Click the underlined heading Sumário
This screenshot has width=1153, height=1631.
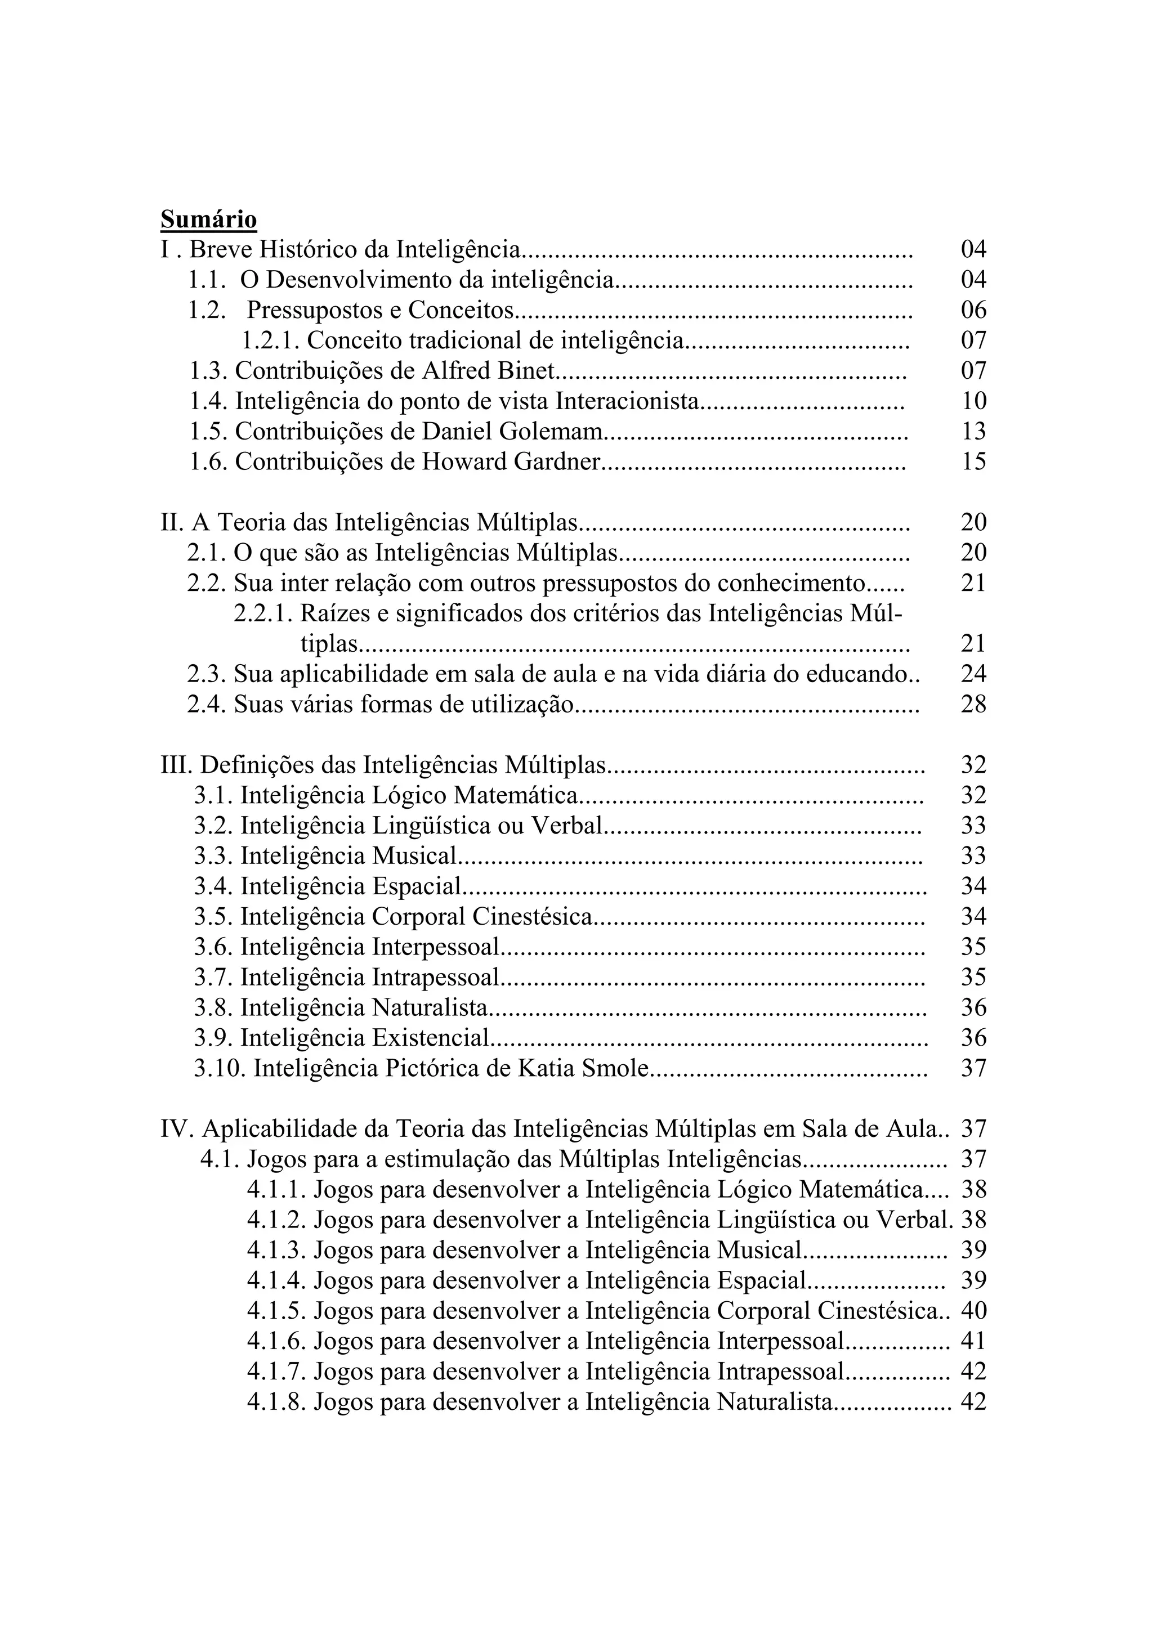click(x=208, y=219)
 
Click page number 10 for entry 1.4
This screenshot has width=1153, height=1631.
click(x=973, y=401)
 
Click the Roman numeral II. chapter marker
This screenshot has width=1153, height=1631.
click(x=173, y=523)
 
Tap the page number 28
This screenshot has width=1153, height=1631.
click(x=973, y=705)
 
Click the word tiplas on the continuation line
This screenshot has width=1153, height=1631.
click(x=329, y=644)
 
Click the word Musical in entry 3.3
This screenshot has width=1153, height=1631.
click(x=413, y=856)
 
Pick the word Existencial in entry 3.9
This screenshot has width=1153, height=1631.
click(x=431, y=1038)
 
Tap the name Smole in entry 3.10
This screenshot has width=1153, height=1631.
click(x=615, y=1068)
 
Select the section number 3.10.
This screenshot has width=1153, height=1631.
click(x=220, y=1068)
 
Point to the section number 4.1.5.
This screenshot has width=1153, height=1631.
click(x=277, y=1311)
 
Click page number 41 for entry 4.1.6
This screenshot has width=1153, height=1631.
click(x=973, y=1341)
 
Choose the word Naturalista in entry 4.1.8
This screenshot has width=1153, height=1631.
click(x=775, y=1403)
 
